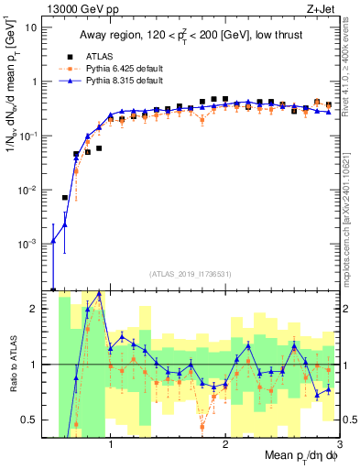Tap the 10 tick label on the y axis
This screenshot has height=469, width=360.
tap(30, 27)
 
